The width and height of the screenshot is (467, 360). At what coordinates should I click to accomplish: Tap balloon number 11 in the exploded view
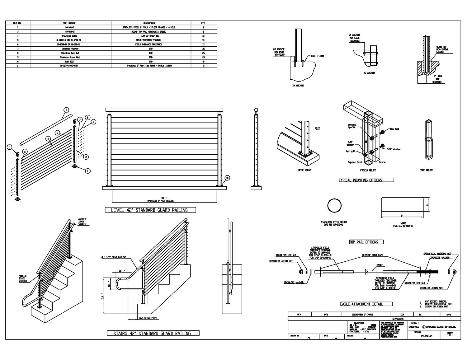click(10, 147)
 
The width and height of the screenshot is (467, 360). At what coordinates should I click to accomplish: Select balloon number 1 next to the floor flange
click(88, 171)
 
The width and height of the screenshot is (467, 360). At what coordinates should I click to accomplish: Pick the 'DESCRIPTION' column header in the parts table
click(151, 23)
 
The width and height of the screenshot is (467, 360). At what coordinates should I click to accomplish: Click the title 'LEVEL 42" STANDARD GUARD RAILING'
click(151, 210)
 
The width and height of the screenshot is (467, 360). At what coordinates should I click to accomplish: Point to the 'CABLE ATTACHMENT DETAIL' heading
click(361, 304)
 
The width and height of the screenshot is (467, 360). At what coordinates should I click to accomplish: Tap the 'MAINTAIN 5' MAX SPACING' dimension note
click(161, 201)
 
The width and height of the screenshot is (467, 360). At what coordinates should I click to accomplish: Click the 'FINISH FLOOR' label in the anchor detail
click(316, 56)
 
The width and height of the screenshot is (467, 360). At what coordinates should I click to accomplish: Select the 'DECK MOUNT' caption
click(304, 170)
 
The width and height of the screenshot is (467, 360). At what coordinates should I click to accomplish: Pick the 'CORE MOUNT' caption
click(426, 170)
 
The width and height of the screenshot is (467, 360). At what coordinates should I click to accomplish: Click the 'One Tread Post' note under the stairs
click(148, 318)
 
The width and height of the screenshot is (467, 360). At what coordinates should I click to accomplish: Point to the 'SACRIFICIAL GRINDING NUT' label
click(437, 254)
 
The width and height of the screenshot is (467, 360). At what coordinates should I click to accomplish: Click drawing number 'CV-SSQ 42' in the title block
click(426, 336)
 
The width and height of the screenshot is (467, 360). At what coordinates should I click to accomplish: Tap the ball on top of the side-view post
click(256, 110)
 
